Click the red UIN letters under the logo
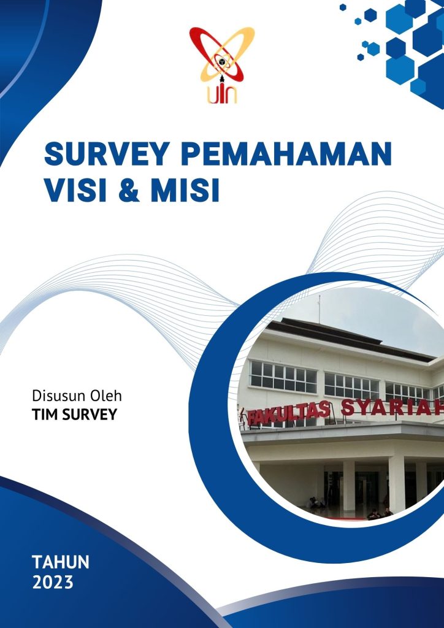222,94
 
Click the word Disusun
58,396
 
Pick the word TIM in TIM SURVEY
44,415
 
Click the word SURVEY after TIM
88,415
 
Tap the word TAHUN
61,562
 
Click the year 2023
53,582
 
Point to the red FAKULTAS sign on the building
288,413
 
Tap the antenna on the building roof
319,309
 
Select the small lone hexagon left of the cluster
343,7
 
